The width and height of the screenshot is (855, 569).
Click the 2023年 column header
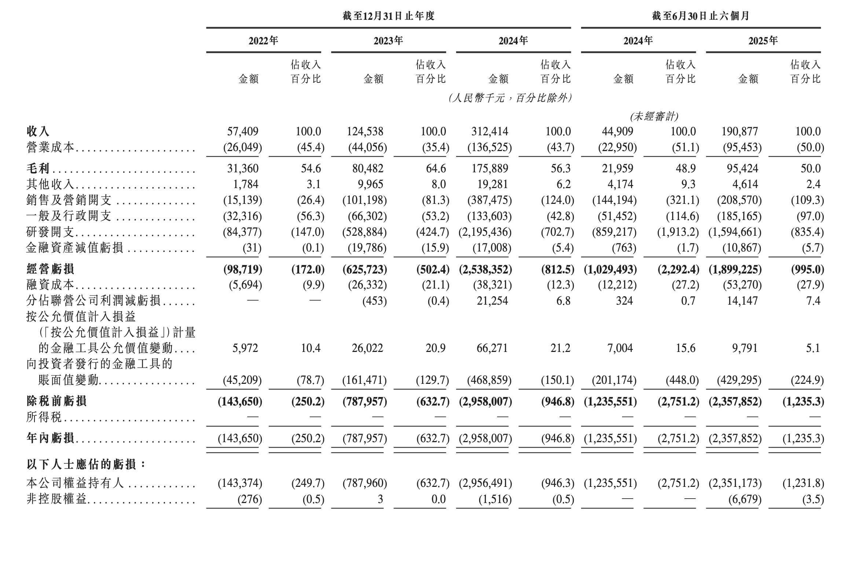click(x=388, y=41)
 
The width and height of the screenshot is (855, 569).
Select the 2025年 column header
click(x=763, y=41)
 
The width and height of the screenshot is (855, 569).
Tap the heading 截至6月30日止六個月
click(x=700, y=16)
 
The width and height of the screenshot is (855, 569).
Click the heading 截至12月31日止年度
click(x=388, y=16)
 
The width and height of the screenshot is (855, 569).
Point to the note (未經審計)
click(x=654, y=117)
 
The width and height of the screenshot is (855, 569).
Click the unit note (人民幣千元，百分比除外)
click(x=510, y=98)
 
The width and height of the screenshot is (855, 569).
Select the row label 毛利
click(x=38, y=169)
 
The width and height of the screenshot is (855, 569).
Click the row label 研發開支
click(x=50, y=232)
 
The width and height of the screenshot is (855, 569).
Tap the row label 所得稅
click(x=44, y=417)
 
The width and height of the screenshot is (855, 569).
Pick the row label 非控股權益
click(x=56, y=499)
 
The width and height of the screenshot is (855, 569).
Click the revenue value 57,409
click(x=243, y=131)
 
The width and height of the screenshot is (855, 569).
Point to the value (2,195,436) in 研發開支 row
click(x=485, y=232)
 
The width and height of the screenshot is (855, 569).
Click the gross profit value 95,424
click(x=742, y=169)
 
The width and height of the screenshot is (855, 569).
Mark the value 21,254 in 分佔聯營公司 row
click(x=492, y=301)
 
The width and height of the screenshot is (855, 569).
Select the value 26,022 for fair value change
click(x=367, y=348)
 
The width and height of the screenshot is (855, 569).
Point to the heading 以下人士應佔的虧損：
click(x=87, y=465)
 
